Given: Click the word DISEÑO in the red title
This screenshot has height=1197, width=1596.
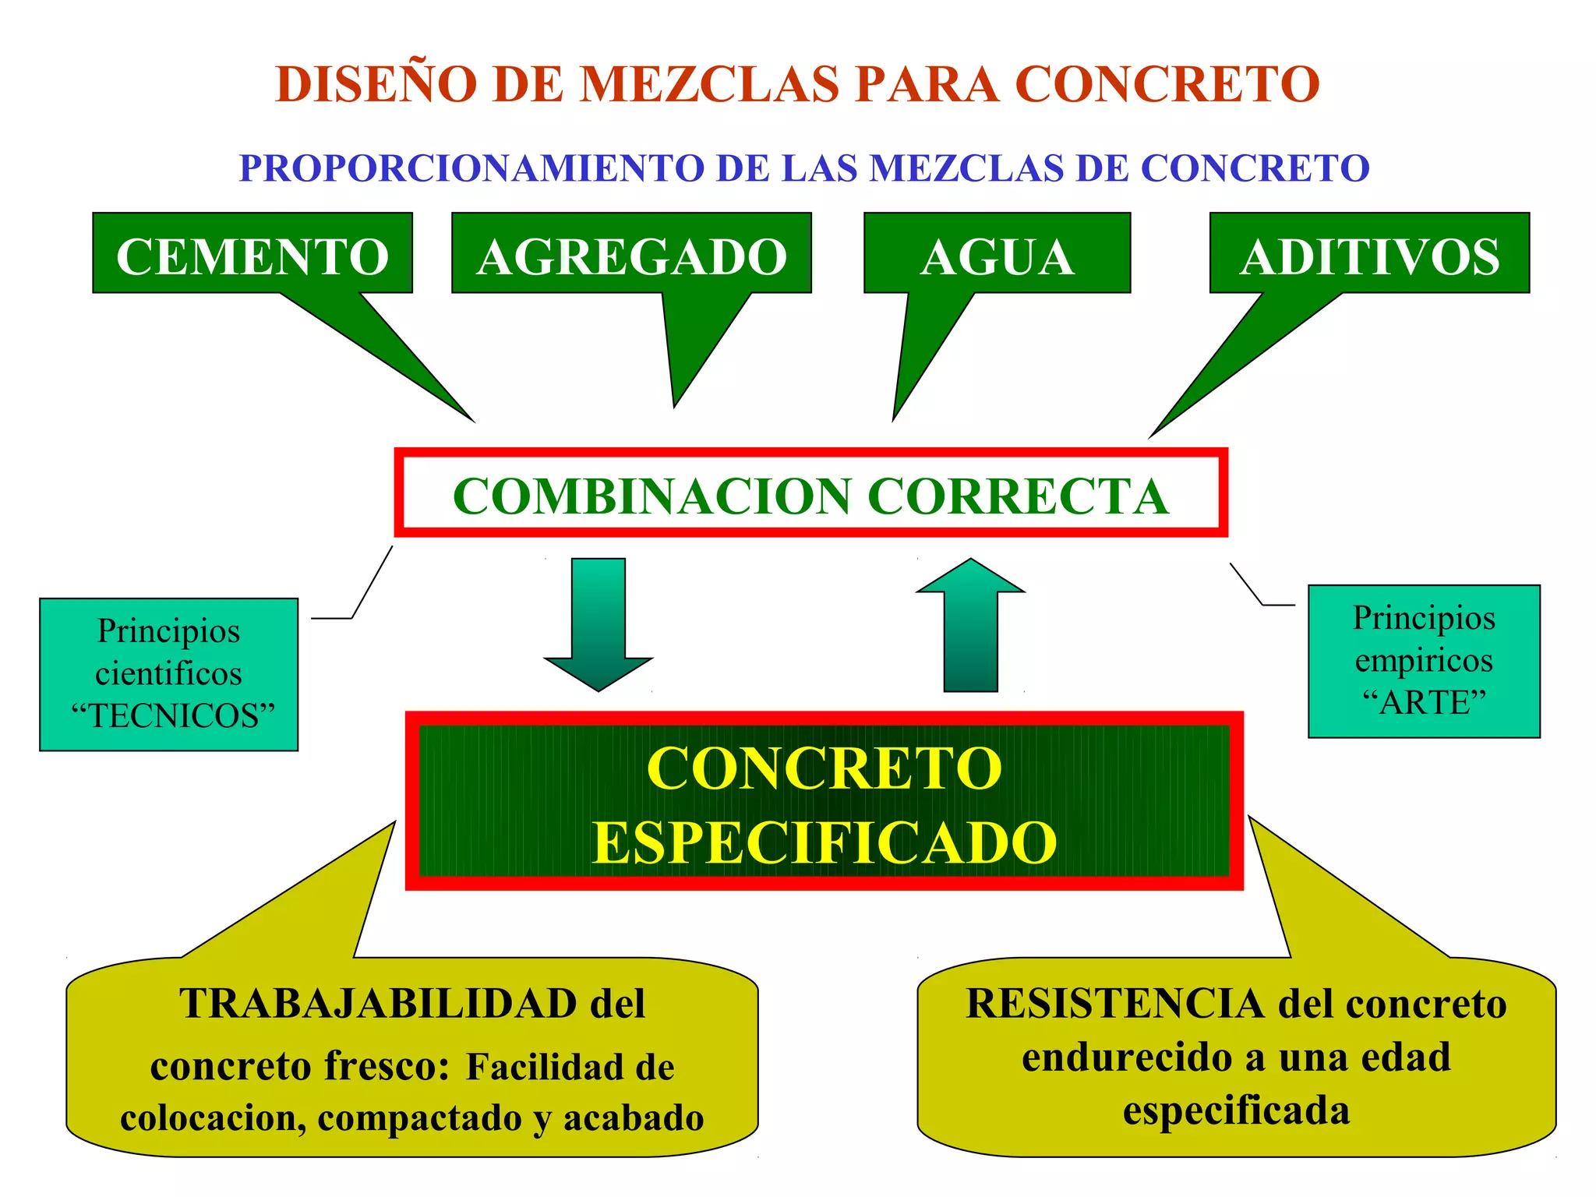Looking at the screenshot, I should (x=376, y=84).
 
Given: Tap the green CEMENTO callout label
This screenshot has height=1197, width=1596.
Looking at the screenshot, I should (x=252, y=256).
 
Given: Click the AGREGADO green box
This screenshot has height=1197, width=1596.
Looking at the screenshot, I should (x=631, y=256).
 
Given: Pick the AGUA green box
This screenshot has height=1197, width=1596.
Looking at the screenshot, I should (x=997, y=256).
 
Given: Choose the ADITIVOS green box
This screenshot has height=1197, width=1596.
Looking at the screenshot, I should (x=1369, y=256).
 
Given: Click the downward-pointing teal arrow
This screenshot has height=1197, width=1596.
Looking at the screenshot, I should (x=598, y=623).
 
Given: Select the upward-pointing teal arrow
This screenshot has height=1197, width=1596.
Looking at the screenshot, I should (x=970, y=623).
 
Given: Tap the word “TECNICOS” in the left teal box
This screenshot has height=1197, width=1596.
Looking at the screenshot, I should (x=173, y=716).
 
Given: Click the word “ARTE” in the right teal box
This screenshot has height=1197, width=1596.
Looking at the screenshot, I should (x=1424, y=703).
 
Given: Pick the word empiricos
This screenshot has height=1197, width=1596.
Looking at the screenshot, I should (x=1424, y=661).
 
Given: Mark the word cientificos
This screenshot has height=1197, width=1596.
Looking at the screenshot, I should (x=168, y=674).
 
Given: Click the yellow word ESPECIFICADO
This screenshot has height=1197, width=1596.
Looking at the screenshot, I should (x=824, y=843).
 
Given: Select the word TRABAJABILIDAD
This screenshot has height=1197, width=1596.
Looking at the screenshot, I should (x=378, y=1004).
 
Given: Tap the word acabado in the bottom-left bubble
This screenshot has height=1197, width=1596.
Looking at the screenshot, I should (x=634, y=1118).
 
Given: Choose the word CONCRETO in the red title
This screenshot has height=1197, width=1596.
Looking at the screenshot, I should (x=1167, y=84).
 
